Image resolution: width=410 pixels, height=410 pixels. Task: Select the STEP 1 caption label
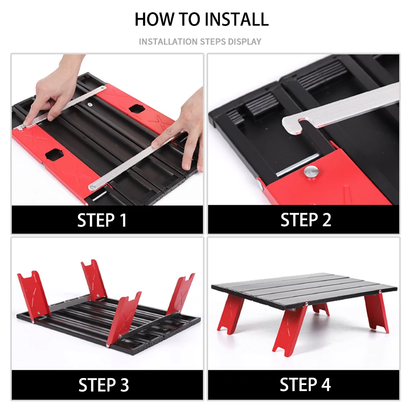point(102,220)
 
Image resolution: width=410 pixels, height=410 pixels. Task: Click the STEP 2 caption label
point(306,220)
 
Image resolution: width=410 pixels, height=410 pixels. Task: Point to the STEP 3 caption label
point(104,385)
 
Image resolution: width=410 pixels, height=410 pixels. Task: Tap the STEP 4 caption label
point(305,385)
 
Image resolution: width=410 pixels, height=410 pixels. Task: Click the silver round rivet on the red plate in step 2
point(311,172)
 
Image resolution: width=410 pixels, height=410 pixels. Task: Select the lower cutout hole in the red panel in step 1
point(55,155)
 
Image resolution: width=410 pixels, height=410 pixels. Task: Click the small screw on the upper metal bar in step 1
point(90,105)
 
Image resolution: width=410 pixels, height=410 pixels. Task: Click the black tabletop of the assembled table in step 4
point(305,289)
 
